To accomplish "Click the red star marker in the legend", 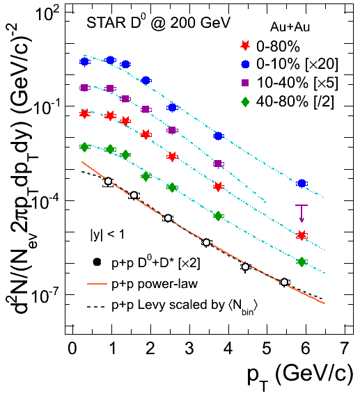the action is (245, 46).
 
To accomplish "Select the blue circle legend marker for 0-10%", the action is (245, 64).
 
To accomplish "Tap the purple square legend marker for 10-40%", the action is (245, 83).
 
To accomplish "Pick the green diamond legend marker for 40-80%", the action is (245, 102).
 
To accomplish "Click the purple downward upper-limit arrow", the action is (302, 214).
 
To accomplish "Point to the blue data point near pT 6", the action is (302, 183).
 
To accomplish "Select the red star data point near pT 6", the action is (302, 236).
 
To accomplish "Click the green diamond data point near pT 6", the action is (302, 262).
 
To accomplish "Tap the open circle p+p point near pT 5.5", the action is (285, 282).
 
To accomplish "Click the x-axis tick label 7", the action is (344, 348).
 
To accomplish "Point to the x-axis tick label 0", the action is (72, 348).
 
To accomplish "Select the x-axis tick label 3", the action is (189, 348).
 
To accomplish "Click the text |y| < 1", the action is (107, 234).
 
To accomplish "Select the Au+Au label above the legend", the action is (290, 26).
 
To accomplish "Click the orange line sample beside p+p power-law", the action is (97, 284).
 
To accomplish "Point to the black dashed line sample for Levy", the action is (96, 307).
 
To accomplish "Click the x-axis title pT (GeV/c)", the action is (300, 379).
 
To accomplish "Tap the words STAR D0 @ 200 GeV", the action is (158, 22).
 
